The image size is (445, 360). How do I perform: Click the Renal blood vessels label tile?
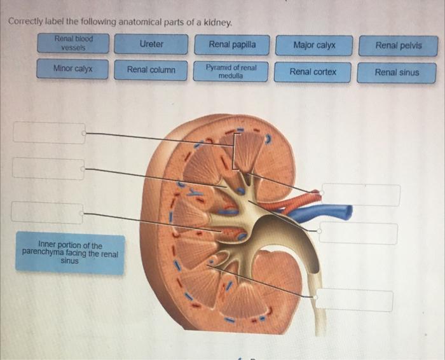pyautogui.click(x=73, y=43)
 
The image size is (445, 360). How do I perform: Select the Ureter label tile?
pyautogui.click(x=151, y=45)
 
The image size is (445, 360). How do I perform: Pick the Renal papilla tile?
pyautogui.click(x=233, y=45)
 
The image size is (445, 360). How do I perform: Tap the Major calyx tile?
pyautogui.click(x=314, y=46)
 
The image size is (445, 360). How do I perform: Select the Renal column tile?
pyautogui.click(x=151, y=70)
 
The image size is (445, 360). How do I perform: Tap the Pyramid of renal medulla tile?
pyautogui.click(x=231, y=71)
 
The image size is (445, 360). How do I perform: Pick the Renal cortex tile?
pyautogui.click(x=313, y=72)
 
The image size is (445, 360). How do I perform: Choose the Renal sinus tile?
pyautogui.click(x=397, y=73)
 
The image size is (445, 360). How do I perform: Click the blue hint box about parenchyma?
pyautogui.click(x=70, y=253)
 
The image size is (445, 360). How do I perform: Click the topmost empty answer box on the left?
pyautogui.click(x=49, y=133)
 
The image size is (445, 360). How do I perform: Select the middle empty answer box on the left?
pyautogui.click(x=48, y=169)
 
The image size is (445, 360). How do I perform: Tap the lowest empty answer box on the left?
pyautogui.click(x=47, y=212)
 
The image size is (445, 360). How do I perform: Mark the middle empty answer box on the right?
pyautogui.click(x=359, y=233)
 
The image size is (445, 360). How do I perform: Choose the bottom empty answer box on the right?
pyautogui.click(x=355, y=299)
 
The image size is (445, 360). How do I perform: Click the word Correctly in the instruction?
pyautogui.click(x=27, y=22)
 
